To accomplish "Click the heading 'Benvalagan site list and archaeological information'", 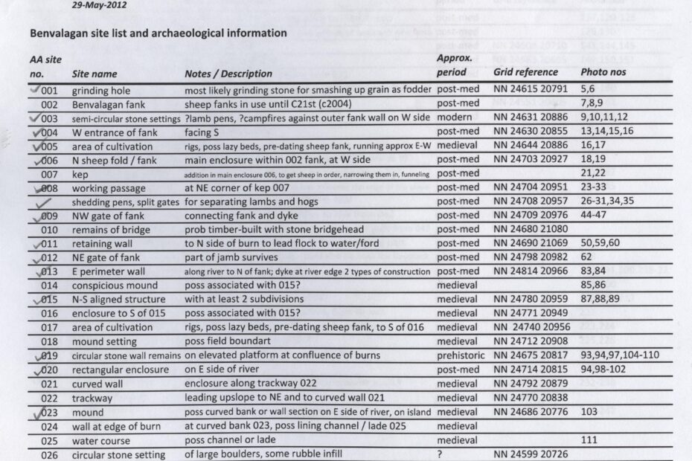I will [x=158, y=33].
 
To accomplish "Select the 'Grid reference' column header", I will [x=525, y=72].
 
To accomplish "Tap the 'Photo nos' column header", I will [x=603, y=72].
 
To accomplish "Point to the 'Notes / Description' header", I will [x=228, y=74].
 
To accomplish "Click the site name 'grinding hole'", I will [x=101, y=90].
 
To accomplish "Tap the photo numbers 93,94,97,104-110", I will [x=619, y=355].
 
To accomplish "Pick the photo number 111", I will [x=589, y=441].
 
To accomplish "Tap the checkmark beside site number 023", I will [x=36, y=410].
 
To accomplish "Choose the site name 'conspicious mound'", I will [x=115, y=286].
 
